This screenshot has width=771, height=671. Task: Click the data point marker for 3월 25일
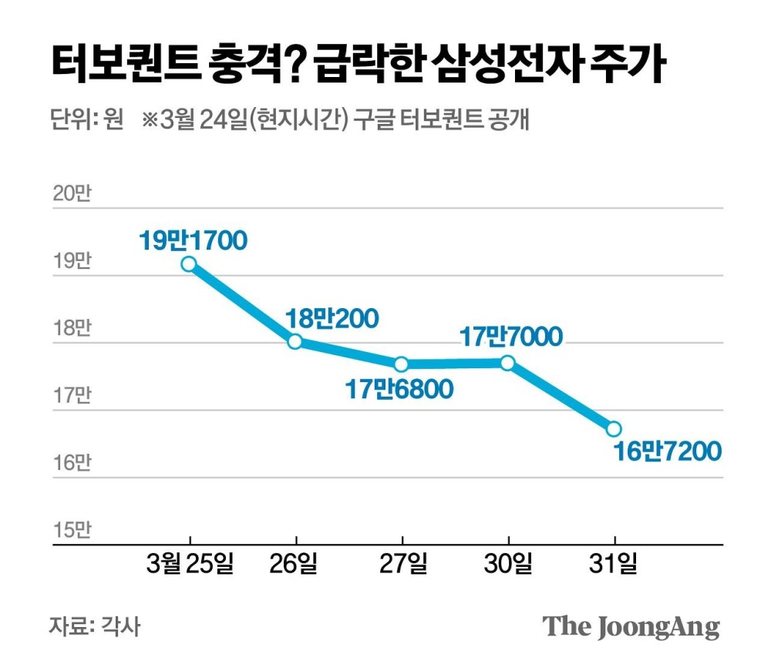click(x=189, y=264)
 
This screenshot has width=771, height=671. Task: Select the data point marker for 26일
click(x=295, y=341)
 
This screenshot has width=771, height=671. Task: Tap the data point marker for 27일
click(x=401, y=364)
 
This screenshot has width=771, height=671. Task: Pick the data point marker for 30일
click(x=507, y=362)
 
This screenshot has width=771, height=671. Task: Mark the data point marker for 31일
click(x=614, y=428)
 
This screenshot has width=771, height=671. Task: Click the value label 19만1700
click(x=193, y=240)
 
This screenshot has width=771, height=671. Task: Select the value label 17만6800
click(x=399, y=390)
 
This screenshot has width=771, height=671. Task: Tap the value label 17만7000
click(x=511, y=337)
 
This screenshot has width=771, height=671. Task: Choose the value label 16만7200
click(x=668, y=451)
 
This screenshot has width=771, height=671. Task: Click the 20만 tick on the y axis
click(x=72, y=194)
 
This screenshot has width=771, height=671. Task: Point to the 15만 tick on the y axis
click(x=72, y=530)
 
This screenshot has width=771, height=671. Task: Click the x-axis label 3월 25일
click(x=190, y=565)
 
